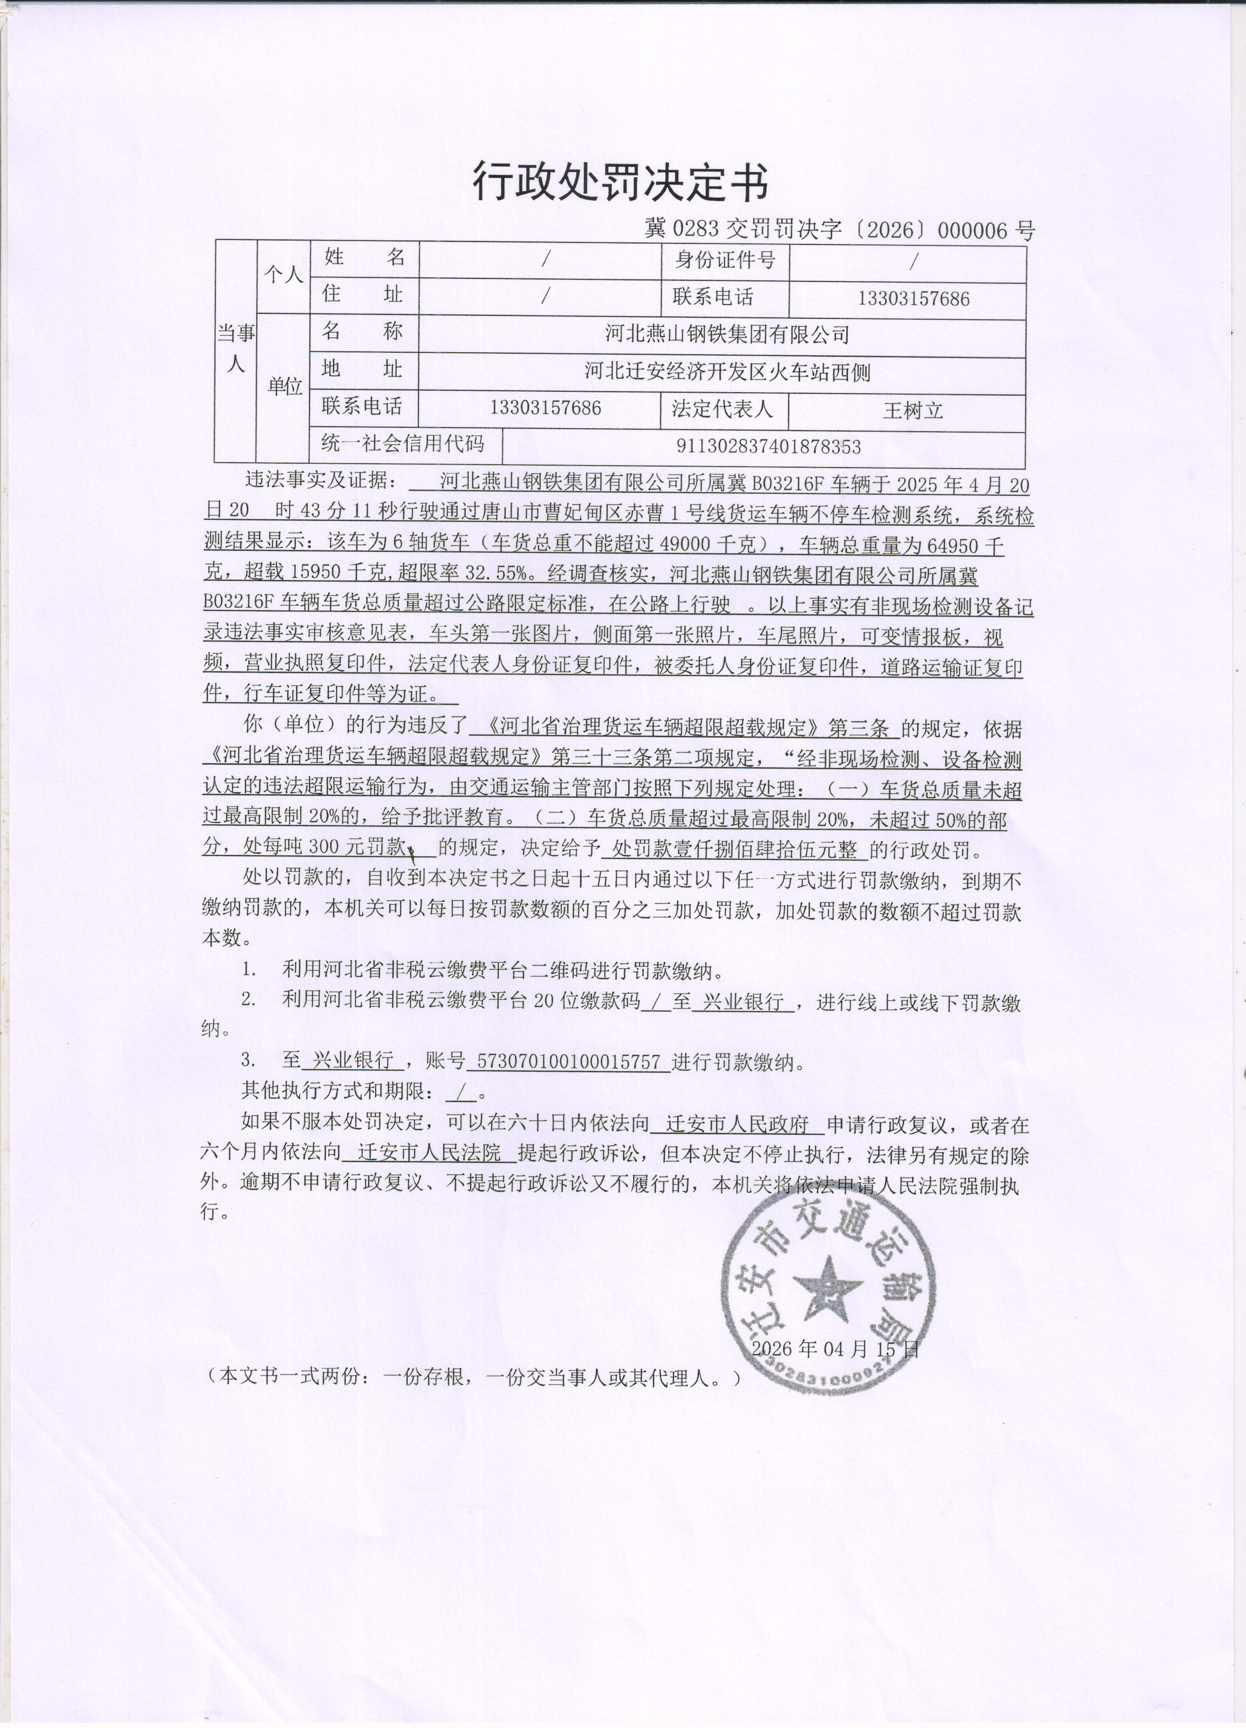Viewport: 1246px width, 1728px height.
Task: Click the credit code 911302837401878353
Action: (768, 446)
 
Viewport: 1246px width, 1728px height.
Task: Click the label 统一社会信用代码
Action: (402, 442)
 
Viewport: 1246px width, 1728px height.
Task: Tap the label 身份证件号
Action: (725, 261)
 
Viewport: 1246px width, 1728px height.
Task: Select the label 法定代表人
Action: (723, 409)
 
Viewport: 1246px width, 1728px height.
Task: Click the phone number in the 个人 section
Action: (913, 299)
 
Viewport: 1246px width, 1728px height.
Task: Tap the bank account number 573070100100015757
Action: (568, 1061)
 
